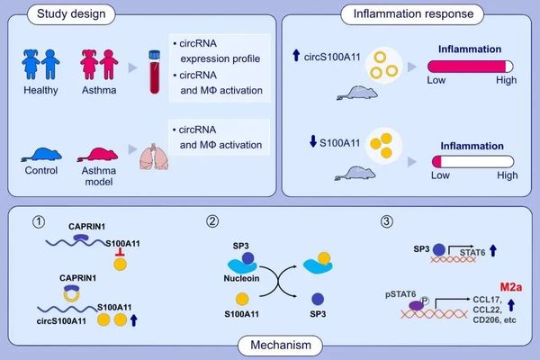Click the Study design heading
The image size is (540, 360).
pyautogui.click(x=58, y=14)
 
